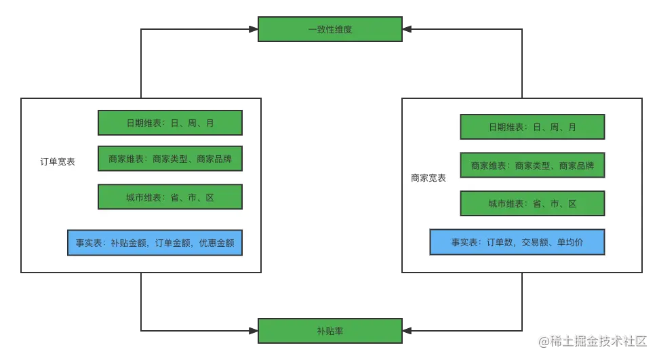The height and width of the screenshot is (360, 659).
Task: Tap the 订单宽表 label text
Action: click(58, 162)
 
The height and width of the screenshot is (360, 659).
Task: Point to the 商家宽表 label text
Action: click(428, 178)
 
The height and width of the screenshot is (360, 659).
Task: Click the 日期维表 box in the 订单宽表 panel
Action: click(170, 123)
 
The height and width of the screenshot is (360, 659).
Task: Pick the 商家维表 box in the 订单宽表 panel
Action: click(170, 159)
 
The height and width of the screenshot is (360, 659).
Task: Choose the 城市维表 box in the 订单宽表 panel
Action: click(170, 197)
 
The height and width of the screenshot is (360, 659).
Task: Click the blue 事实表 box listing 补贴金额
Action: click(155, 243)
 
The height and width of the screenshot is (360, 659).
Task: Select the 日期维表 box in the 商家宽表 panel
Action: click(532, 127)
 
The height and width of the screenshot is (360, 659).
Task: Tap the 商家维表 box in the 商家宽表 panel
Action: click(532, 165)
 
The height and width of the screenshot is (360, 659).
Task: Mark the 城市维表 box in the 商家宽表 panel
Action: click(532, 203)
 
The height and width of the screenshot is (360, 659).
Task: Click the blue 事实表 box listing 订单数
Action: click(517, 242)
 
